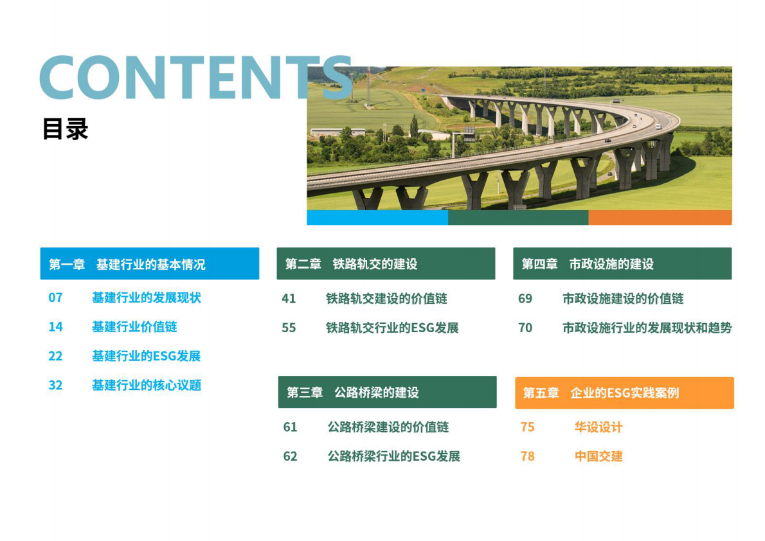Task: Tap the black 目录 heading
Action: coord(65,129)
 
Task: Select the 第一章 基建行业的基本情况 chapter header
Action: coord(149,264)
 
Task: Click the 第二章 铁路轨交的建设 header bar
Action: coord(386,264)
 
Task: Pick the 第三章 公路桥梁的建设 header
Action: coord(387,393)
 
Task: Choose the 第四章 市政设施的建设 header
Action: coord(622,264)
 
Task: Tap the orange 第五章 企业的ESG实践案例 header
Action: coord(624,393)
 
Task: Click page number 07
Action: coord(55,297)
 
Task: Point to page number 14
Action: coord(55,327)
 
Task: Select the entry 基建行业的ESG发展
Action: coord(146,356)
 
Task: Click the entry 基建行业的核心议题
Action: coord(146,385)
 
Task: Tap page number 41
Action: coord(289,299)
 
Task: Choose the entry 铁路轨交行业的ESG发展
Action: coord(392,328)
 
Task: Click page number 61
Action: coord(290,427)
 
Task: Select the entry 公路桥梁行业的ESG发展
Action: coord(393,456)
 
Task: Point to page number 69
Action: coord(525,299)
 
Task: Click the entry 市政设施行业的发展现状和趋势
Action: coord(647,328)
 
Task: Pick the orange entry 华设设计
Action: coord(598,427)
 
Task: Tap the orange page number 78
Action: coord(527,456)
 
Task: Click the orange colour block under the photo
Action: coord(660,217)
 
